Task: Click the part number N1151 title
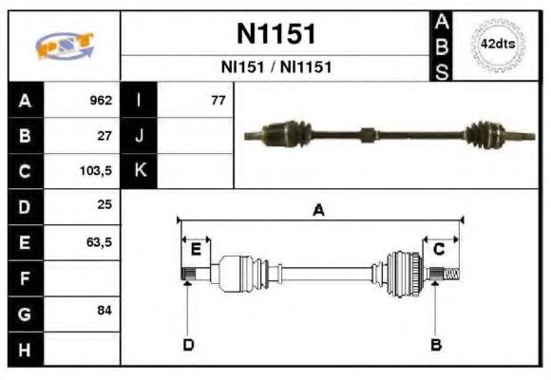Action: (275, 34)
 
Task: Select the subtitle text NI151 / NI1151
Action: (275, 67)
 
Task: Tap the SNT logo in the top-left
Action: (64, 46)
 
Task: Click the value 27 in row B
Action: (104, 136)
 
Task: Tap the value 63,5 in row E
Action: (99, 242)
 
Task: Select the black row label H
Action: (25, 350)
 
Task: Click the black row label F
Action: (25, 278)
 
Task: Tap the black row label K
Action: (140, 172)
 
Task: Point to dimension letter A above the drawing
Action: (319, 211)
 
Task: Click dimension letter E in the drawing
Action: (196, 250)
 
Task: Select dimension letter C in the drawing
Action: (440, 250)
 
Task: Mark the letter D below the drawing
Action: (188, 344)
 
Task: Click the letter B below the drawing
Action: (436, 344)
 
